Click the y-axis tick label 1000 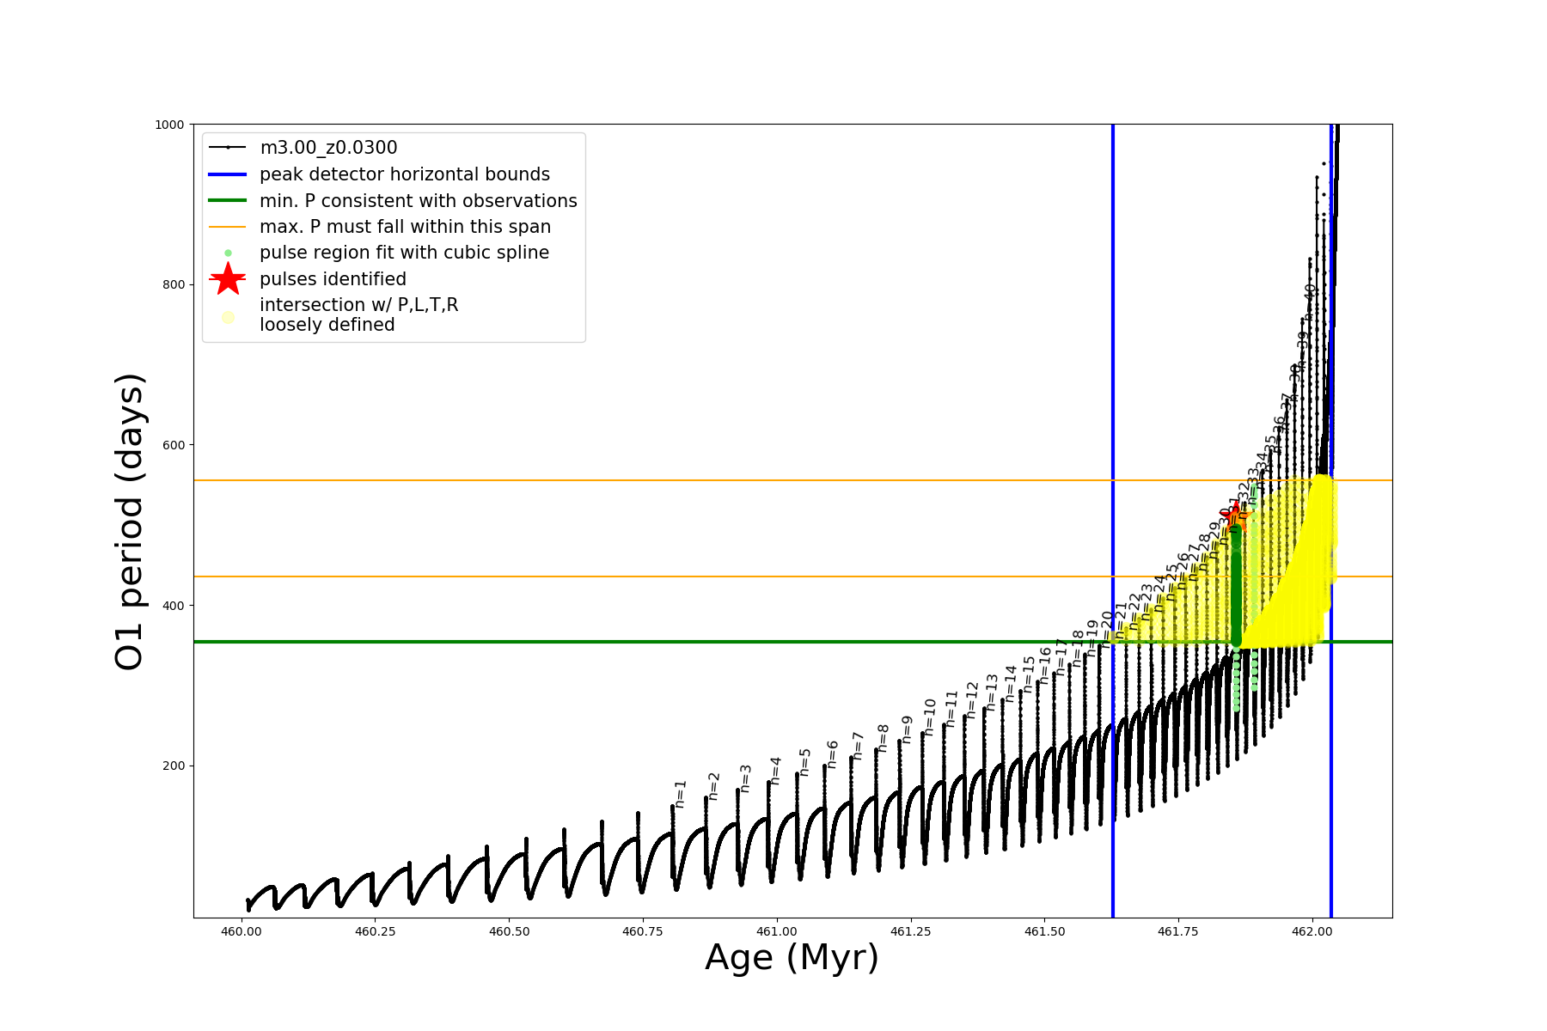(x=168, y=125)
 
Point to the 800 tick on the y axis (x=172, y=285)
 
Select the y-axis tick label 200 (x=172, y=766)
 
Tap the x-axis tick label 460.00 (x=242, y=931)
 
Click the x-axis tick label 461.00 (x=777, y=931)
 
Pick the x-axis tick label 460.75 (x=643, y=931)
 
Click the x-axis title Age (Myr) (x=792, y=958)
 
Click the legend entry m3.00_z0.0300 (x=328, y=148)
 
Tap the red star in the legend (x=228, y=279)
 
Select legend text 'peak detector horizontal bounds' (x=404, y=174)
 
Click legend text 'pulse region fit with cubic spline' (x=404, y=253)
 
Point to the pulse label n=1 (x=680, y=794)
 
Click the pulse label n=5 (x=804, y=762)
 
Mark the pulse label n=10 (x=929, y=717)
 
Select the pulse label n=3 (x=745, y=778)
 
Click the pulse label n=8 (x=883, y=738)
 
